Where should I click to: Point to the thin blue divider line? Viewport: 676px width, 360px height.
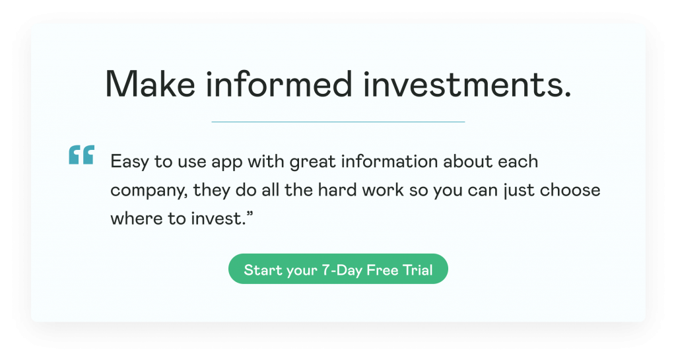coord(338,122)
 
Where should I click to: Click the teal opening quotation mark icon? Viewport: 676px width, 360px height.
coord(81,155)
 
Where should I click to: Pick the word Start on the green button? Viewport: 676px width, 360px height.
coord(260,270)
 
